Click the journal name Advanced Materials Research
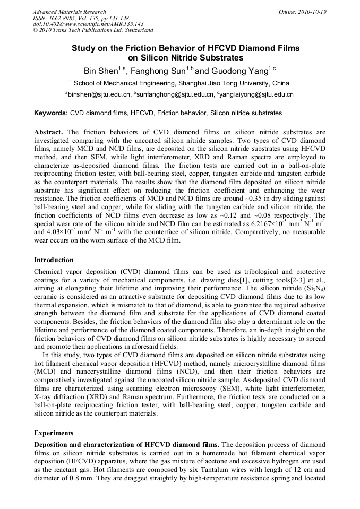pyautogui.click(x=69, y=12)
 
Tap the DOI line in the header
pyautogui.click(x=88, y=24)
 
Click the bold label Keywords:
pyautogui.click(x=51, y=113)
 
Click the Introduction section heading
pyautogui.click(x=54, y=260)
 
